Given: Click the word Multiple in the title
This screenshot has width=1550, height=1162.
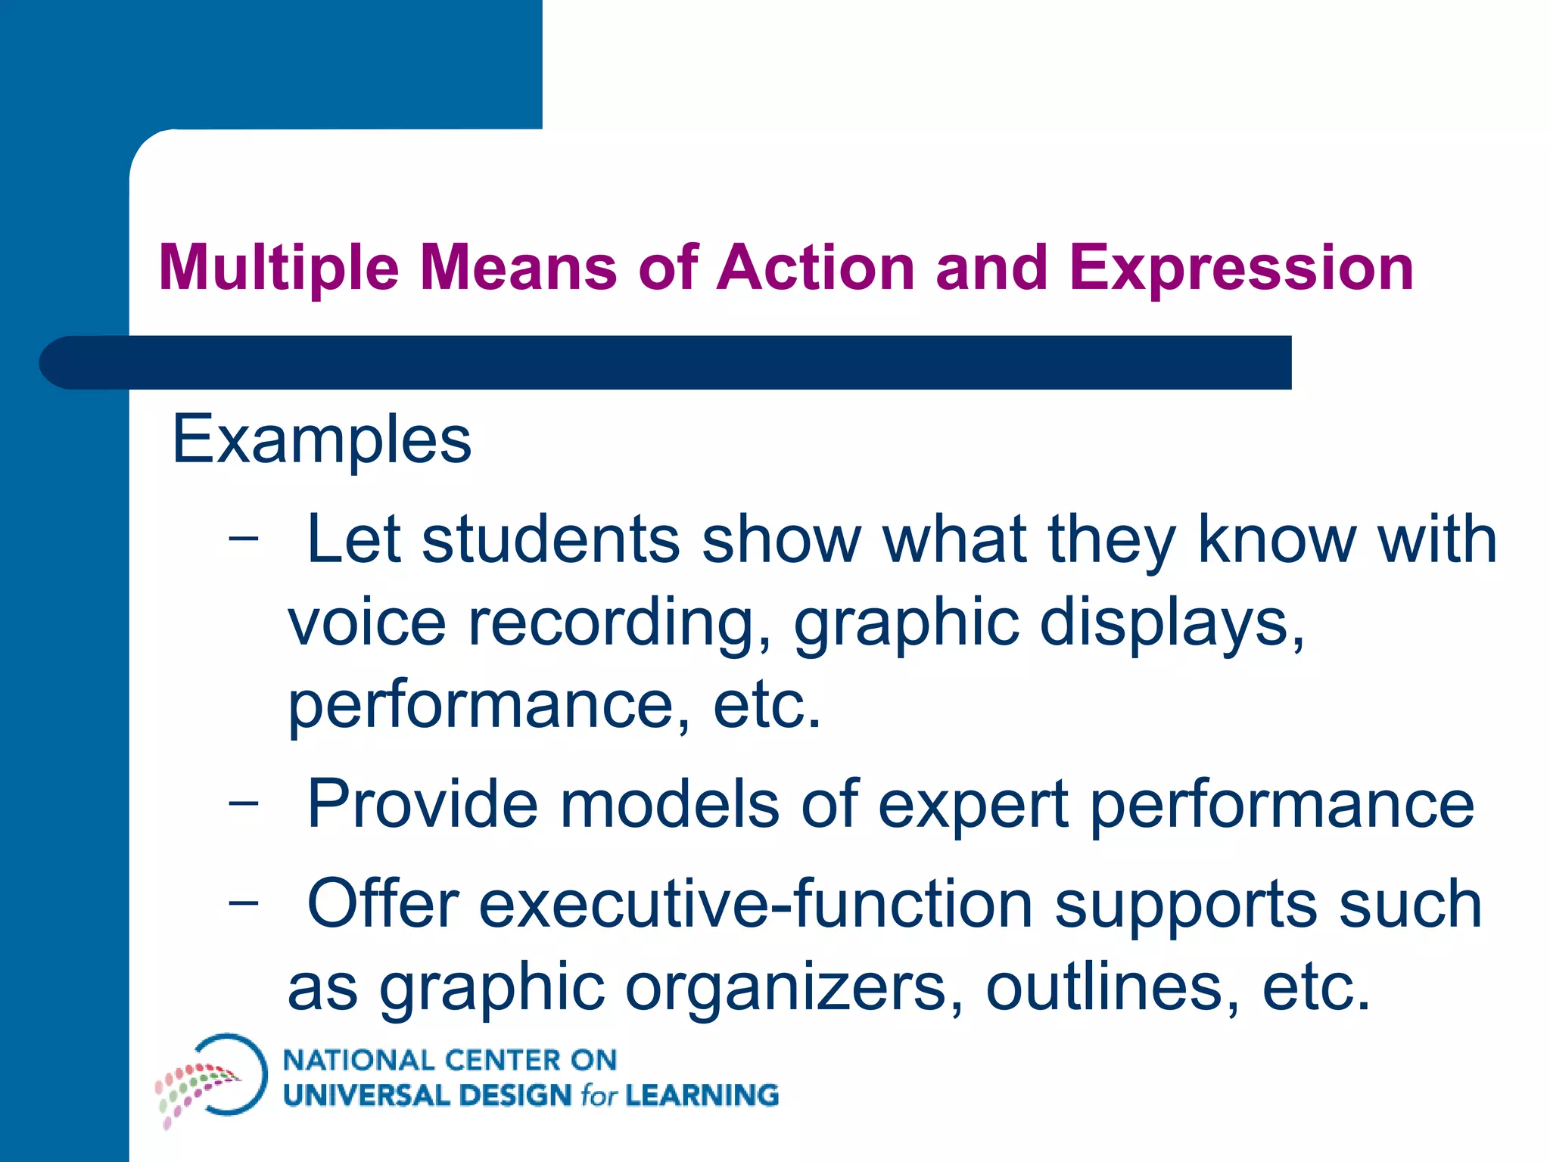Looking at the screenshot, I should pos(279,268).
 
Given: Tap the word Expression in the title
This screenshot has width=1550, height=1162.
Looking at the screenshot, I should pos(1241,268).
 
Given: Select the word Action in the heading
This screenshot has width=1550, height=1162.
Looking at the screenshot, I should pos(816,268).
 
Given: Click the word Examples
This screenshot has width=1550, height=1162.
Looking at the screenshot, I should pos(322,440).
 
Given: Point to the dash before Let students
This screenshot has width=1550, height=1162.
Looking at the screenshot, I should pos(244,539).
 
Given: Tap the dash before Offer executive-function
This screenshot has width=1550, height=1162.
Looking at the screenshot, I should pos(244,903).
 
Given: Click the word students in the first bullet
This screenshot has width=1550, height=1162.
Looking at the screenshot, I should pos(551,539).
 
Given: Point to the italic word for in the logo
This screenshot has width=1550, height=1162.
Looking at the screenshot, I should pos(599,1096).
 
